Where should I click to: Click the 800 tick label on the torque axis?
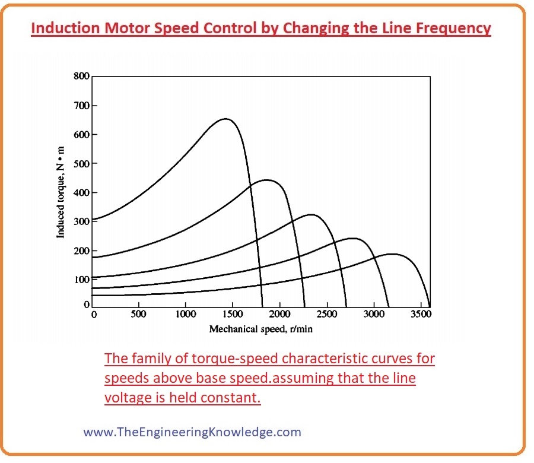81,76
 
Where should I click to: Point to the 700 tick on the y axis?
81,106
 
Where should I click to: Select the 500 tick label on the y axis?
81,163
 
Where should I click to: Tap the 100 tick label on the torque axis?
81,279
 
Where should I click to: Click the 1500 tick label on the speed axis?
232,315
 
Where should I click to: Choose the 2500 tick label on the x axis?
327,315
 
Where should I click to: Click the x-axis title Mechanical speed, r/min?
260,329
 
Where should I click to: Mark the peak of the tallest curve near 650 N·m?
225,119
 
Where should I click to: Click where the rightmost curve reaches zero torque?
429,306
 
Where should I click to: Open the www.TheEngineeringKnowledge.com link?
192,432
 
